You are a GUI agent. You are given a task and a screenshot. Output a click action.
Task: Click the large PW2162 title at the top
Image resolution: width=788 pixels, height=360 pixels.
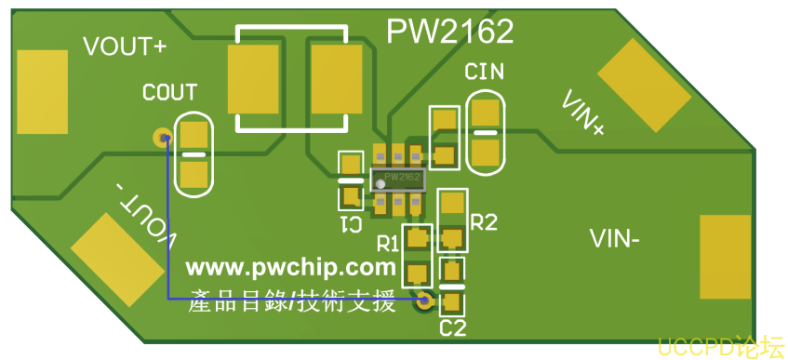click(449, 32)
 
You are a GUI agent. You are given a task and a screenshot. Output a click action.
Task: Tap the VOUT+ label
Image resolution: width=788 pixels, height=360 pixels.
click(125, 47)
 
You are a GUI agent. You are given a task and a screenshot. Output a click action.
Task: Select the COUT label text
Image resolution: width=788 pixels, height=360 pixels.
click(170, 92)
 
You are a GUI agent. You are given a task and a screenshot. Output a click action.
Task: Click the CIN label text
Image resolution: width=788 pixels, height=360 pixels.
click(484, 72)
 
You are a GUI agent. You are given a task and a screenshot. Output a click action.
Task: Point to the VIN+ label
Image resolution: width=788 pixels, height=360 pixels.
click(583, 113)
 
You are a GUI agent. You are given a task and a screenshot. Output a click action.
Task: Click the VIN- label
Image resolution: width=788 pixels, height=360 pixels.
click(615, 239)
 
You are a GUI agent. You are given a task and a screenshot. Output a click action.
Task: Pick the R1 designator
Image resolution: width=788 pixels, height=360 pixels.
click(387, 245)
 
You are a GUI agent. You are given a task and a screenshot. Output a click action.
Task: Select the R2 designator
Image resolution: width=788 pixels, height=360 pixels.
click(485, 221)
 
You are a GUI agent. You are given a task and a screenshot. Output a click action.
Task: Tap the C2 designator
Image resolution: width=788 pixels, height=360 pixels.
click(453, 328)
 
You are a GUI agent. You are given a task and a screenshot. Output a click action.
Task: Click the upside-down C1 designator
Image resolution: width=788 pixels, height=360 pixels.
click(352, 224)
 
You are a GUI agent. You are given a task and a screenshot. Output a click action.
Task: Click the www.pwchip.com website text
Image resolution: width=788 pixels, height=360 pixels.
click(291, 268)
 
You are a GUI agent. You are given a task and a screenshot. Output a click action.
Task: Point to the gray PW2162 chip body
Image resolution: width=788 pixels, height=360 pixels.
click(398, 180)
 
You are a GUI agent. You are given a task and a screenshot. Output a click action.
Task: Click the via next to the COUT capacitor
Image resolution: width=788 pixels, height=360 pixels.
click(162, 137)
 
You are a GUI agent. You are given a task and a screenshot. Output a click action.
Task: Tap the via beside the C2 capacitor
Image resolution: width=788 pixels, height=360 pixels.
click(424, 300)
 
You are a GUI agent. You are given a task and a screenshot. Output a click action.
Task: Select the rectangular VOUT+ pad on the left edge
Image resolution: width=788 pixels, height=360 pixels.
click(42, 91)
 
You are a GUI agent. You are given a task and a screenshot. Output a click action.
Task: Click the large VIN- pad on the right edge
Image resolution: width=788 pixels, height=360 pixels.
click(725, 257)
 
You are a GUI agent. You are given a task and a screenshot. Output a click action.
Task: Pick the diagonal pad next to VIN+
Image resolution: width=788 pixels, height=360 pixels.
click(645, 86)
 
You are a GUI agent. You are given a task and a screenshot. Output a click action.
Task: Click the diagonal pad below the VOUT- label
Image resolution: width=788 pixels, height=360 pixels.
click(118, 260)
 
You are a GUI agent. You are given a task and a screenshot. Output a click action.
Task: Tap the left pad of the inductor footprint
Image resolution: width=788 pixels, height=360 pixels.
click(253, 79)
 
